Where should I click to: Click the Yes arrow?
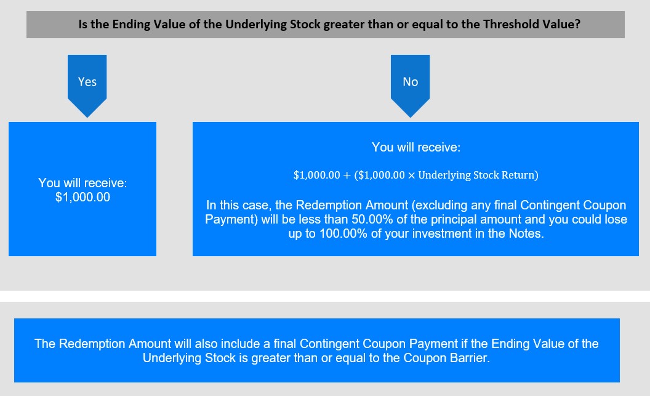[x=87, y=86]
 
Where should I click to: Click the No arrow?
[x=411, y=86]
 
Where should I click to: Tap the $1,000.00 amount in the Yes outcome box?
[x=83, y=197]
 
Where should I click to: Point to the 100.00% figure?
[x=343, y=233]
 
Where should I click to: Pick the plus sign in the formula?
[x=347, y=175]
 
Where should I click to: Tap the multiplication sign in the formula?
[x=411, y=176]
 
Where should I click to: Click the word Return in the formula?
[x=520, y=175]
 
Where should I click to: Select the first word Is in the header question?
[x=83, y=24]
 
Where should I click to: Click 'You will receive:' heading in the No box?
[x=415, y=147]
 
